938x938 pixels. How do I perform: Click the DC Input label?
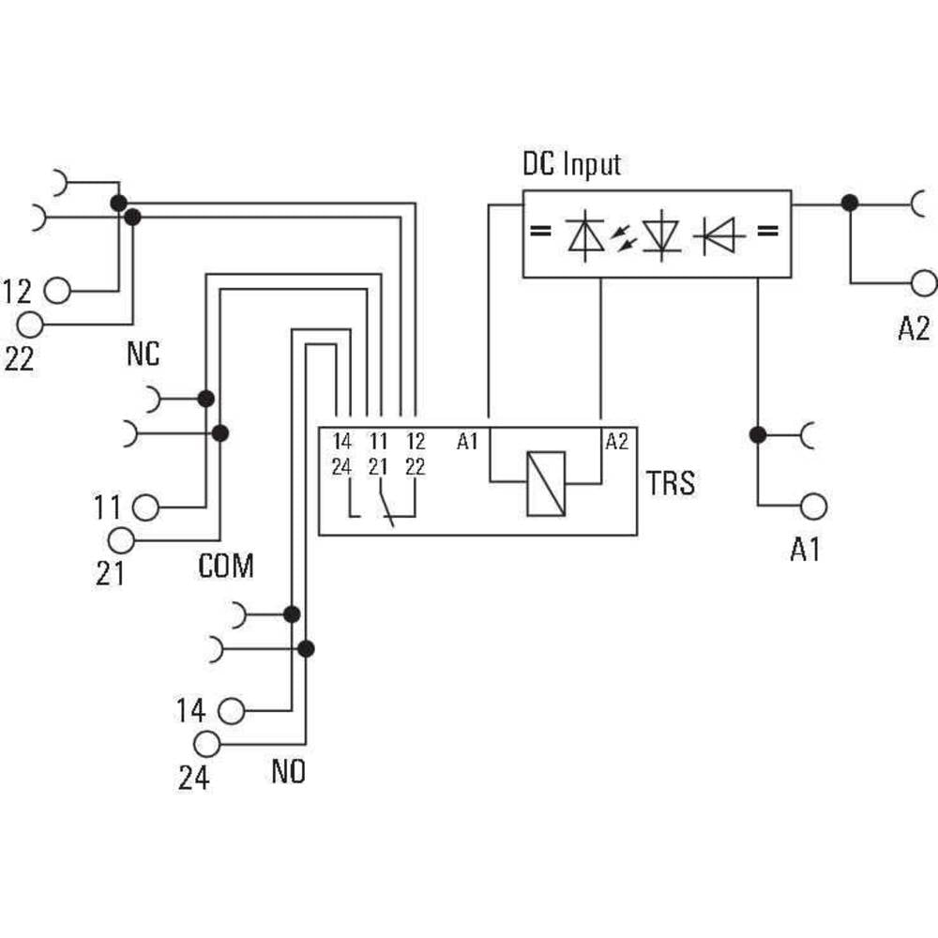pyautogui.click(x=571, y=165)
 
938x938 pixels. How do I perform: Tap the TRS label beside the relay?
pyautogui.click(x=671, y=484)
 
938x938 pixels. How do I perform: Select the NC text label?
pyautogui.click(x=143, y=355)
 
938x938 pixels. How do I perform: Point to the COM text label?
pyautogui.click(x=226, y=566)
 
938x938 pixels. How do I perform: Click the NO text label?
pyautogui.click(x=289, y=773)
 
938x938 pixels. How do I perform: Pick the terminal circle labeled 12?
pyautogui.click(x=57, y=291)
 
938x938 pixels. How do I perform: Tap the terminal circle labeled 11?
pyautogui.click(x=145, y=507)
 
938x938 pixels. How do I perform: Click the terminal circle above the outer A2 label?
pyautogui.click(x=923, y=282)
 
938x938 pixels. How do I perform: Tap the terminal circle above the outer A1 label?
pyautogui.click(x=813, y=506)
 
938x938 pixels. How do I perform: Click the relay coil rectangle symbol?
pyautogui.click(x=546, y=484)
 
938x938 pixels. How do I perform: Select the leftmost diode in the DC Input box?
pyautogui.click(x=585, y=235)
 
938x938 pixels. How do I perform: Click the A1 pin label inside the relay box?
pyautogui.click(x=467, y=441)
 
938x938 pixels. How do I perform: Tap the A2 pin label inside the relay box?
pyautogui.click(x=616, y=441)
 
